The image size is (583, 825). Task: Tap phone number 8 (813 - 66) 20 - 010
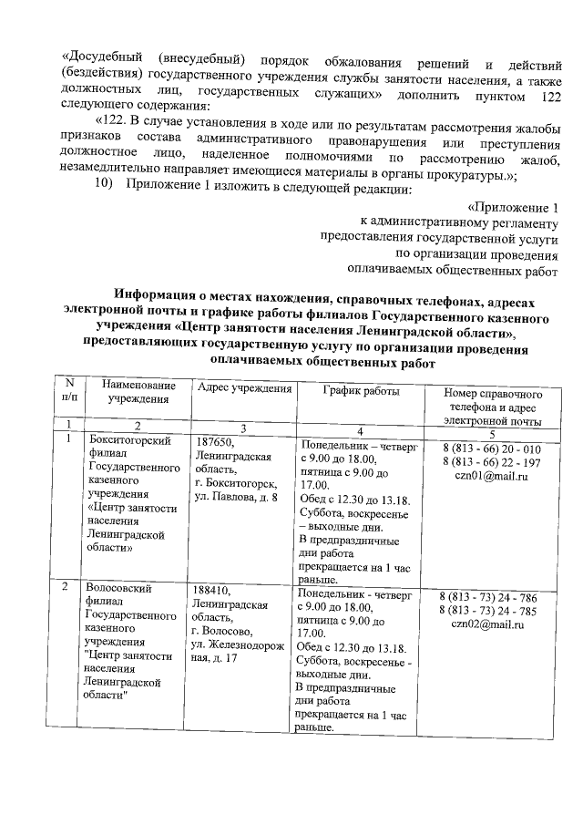click(x=491, y=450)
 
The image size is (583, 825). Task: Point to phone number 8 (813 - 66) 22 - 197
click(x=491, y=464)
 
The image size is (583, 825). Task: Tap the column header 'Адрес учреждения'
click(x=243, y=390)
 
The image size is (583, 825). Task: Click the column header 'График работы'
click(x=361, y=390)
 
